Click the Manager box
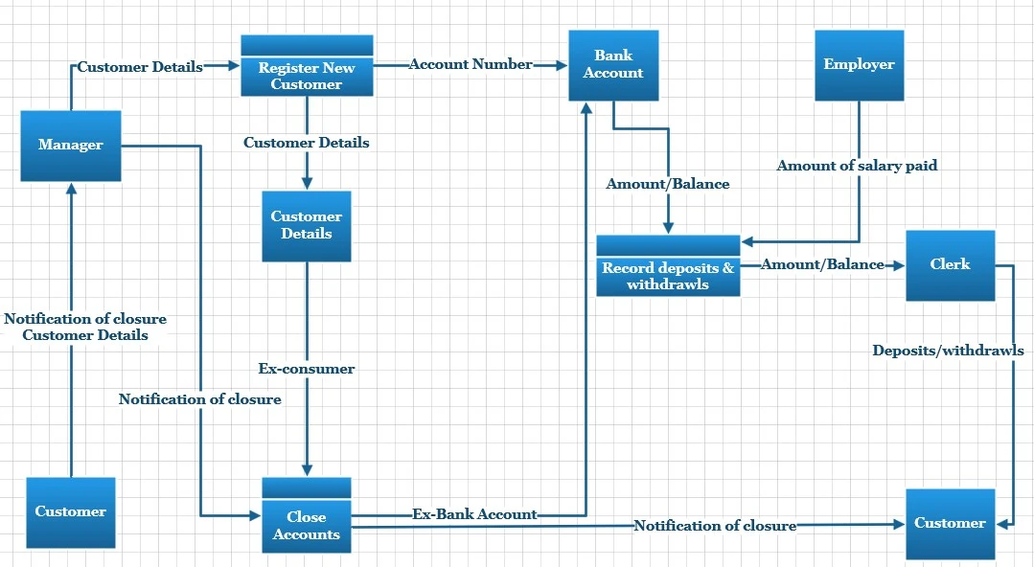point(71,146)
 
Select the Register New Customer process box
point(307,66)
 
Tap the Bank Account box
point(613,65)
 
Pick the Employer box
point(859,65)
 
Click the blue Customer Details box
point(307,226)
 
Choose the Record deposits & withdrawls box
point(668,266)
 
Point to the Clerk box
point(950,265)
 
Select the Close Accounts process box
point(307,515)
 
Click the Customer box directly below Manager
point(71,512)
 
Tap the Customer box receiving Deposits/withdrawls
point(950,523)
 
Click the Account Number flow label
point(471,64)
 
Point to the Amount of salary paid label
point(857,166)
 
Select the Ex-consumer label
point(307,369)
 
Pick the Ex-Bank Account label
point(474,514)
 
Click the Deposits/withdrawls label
point(947,351)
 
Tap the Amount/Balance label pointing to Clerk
point(822,264)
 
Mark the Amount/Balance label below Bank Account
point(668,184)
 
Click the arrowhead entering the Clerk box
point(900,264)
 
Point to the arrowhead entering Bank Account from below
point(586,107)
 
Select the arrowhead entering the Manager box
point(71,188)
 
